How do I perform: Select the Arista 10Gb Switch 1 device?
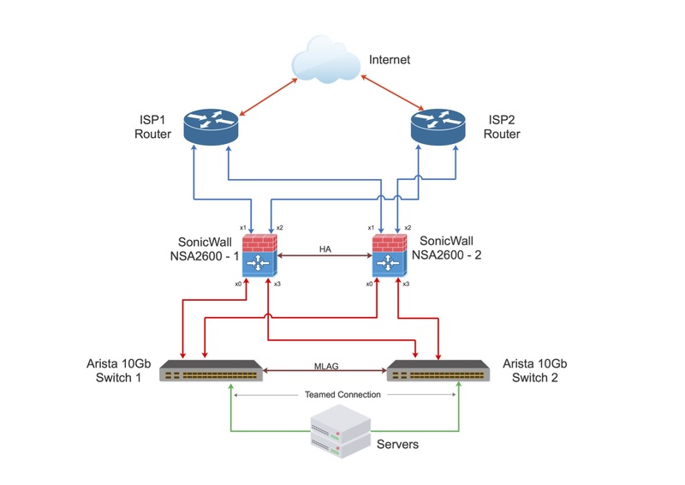click(211, 371)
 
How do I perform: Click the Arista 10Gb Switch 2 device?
click(438, 371)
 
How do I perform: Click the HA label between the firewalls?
click(325, 248)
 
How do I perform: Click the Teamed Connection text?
click(342, 395)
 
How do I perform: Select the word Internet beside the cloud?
click(390, 60)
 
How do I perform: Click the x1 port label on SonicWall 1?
click(242, 227)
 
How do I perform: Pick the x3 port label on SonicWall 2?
click(406, 284)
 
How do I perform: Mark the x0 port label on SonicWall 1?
click(238, 284)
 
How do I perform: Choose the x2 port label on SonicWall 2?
click(408, 227)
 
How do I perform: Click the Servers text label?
click(398, 445)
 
